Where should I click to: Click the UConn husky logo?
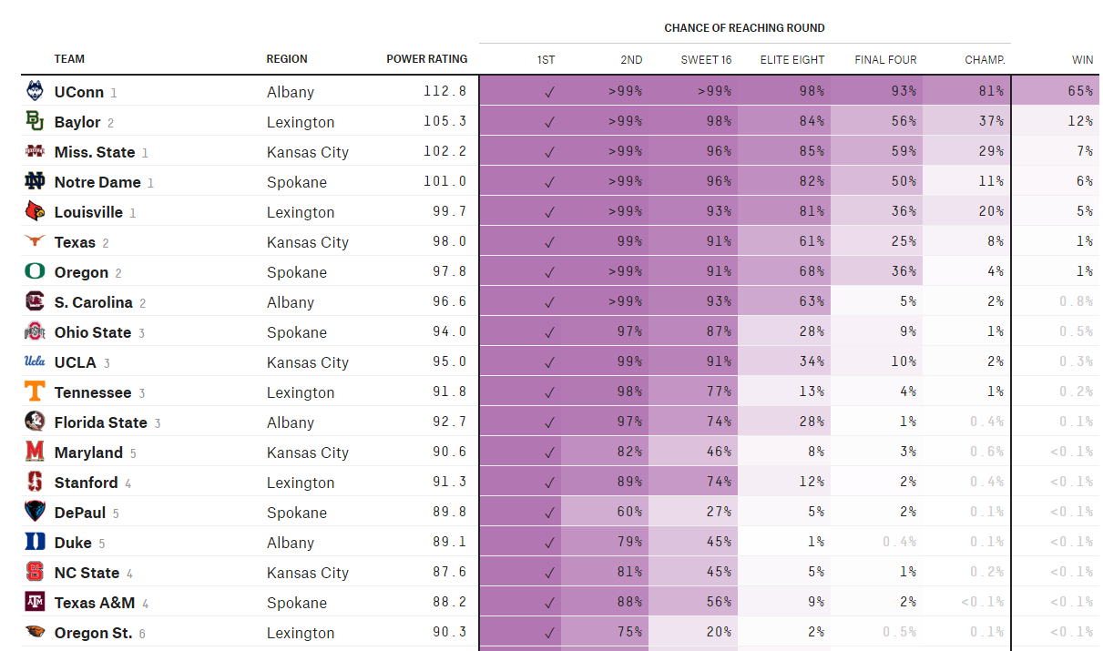coord(35,91)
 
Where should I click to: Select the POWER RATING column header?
coord(426,59)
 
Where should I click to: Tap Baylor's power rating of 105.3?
coord(444,121)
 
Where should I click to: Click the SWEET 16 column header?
coord(706,60)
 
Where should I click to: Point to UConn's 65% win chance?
coord(1080,91)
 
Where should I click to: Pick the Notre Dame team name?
coord(97,182)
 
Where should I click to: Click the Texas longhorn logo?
coord(35,240)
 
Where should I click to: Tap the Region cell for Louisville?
coord(301,212)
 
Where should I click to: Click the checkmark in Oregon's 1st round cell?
coord(549,272)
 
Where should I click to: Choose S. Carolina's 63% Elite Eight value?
coord(812,301)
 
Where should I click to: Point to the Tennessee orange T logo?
coord(35,392)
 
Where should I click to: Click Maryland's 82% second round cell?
coord(605,452)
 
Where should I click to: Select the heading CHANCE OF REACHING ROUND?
coord(744,28)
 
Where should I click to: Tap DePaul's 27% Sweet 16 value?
coord(719,512)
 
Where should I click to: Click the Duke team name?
coord(73,543)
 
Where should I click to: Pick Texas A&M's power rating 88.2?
coord(449,602)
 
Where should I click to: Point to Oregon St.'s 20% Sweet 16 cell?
coord(693,632)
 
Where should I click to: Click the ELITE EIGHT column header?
coord(792,60)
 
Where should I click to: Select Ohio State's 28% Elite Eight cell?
coord(784,331)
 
